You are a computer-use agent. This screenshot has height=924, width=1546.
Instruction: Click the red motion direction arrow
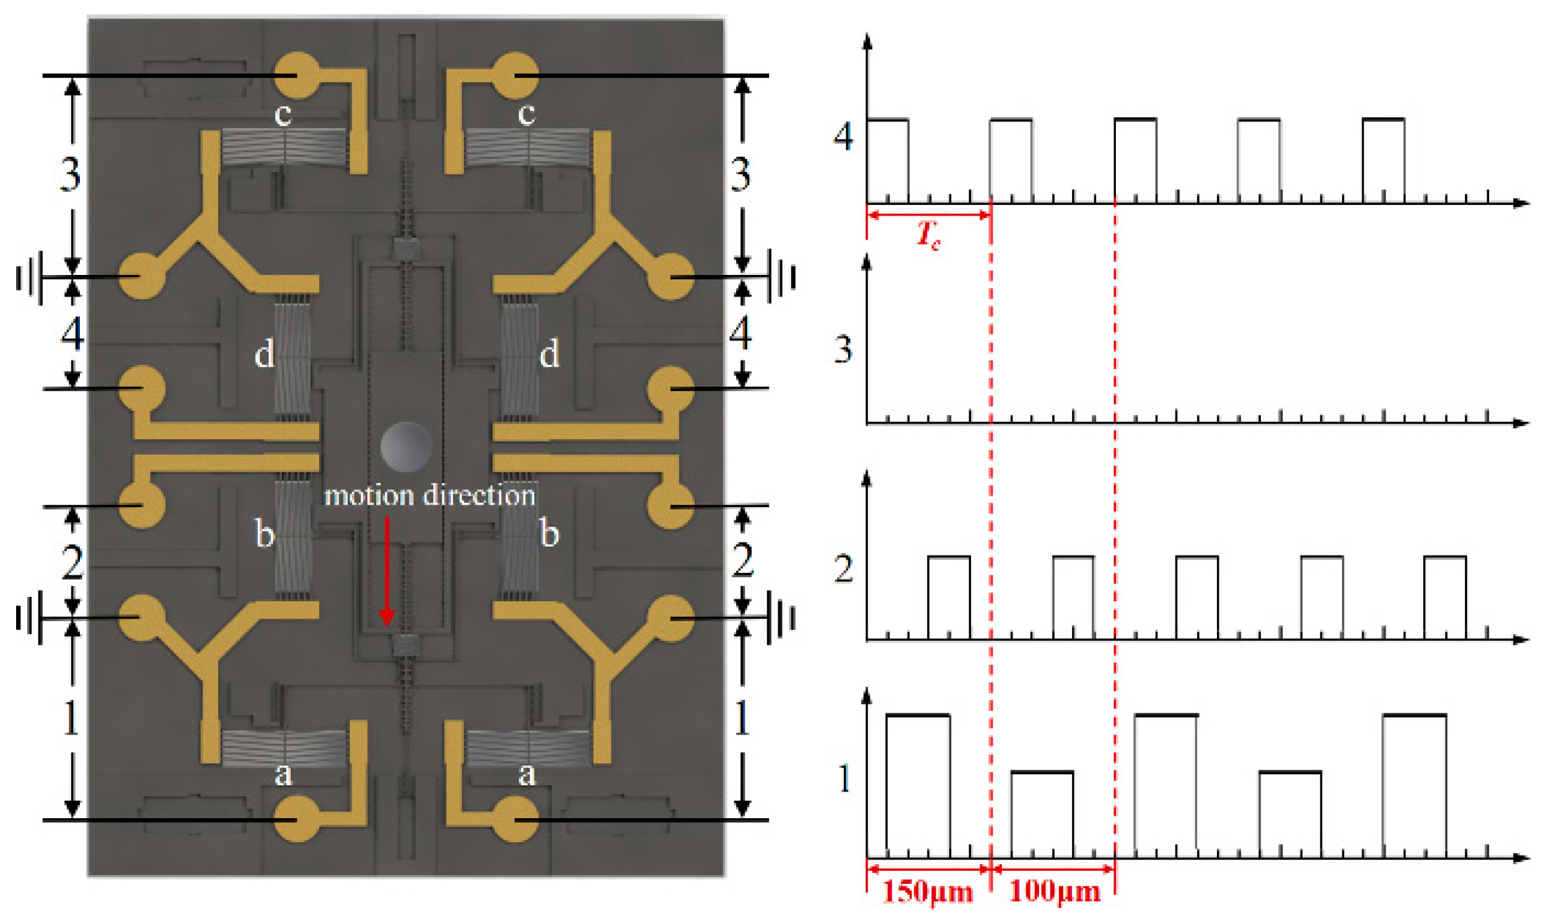[x=386, y=570]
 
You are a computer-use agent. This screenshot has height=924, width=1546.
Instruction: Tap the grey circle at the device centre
[x=405, y=446]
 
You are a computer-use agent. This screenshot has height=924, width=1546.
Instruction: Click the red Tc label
[x=928, y=235]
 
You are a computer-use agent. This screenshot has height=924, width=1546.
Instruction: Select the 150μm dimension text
[x=928, y=892]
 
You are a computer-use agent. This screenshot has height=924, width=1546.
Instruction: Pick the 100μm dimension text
[x=1054, y=892]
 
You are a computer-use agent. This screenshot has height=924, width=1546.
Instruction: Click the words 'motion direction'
[x=430, y=495]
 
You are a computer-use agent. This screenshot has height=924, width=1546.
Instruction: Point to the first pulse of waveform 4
[x=887, y=160]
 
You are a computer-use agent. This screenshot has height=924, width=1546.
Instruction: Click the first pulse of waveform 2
[x=949, y=598]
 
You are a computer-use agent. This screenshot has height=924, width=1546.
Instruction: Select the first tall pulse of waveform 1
[x=918, y=786]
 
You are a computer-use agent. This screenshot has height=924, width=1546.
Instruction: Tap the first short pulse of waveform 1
[x=1042, y=814]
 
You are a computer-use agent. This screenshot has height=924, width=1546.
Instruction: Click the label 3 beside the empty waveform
[x=843, y=349]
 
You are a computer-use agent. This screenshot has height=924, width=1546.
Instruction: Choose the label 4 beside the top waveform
[x=843, y=136]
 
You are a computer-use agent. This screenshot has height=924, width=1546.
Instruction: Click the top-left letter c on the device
[x=283, y=114]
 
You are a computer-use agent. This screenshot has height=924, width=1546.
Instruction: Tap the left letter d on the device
[x=264, y=355]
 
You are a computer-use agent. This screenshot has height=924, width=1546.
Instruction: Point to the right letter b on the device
[x=549, y=534]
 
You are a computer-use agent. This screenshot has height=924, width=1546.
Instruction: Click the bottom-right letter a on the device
[x=527, y=774]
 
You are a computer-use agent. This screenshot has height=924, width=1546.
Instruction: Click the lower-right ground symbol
[x=783, y=618]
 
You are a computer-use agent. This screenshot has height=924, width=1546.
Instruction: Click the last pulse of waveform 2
[x=1445, y=598]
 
